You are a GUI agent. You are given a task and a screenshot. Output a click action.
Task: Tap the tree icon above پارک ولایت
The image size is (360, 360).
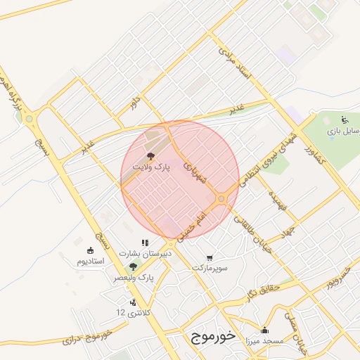tap(150, 156)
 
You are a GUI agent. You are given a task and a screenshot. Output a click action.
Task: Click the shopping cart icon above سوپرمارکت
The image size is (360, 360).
tap(210, 257)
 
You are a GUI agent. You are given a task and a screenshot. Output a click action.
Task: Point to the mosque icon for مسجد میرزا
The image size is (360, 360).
tap(264, 330)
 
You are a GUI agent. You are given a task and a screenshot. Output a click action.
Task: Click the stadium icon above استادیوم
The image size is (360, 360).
tap(90, 251)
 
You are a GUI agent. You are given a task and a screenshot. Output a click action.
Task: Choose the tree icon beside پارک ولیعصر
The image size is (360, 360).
tap(133, 266)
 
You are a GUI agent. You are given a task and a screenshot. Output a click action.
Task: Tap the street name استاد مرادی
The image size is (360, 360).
tap(234, 63)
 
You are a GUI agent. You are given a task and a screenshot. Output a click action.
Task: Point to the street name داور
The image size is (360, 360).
tap(134, 102)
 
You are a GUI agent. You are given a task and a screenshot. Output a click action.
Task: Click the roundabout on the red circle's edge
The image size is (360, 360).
tap(221, 199)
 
